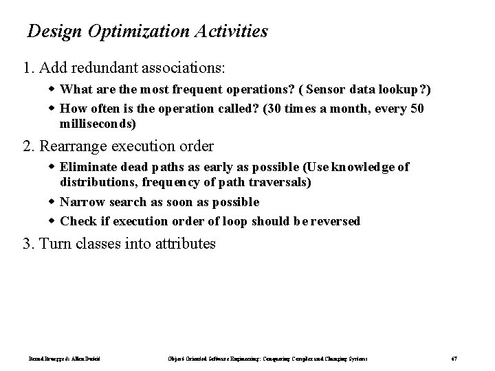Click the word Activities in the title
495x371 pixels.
[x=229, y=32]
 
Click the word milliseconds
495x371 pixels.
[x=98, y=124]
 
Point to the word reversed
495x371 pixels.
[x=335, y=221]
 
